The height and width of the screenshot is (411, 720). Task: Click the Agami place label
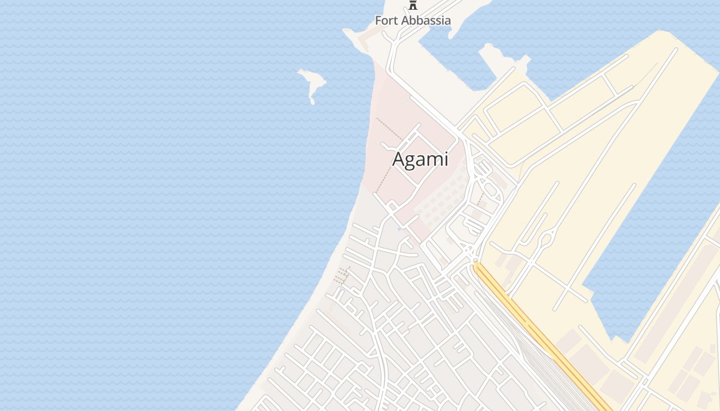pos(420,159)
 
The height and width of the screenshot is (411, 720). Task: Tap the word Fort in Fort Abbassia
pos(385,21)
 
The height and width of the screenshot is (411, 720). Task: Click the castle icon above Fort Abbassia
pos(413,5)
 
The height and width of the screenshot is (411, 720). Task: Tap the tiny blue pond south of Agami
pos(399,229)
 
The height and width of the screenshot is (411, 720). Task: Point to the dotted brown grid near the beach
pos(342,276)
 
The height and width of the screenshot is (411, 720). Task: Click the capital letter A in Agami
pos(399,159)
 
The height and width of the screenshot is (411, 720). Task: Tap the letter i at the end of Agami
pos(446,159)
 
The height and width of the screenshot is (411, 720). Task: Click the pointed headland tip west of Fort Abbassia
pos(346,32)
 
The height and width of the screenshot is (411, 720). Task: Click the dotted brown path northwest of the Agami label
pos(390,128)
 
